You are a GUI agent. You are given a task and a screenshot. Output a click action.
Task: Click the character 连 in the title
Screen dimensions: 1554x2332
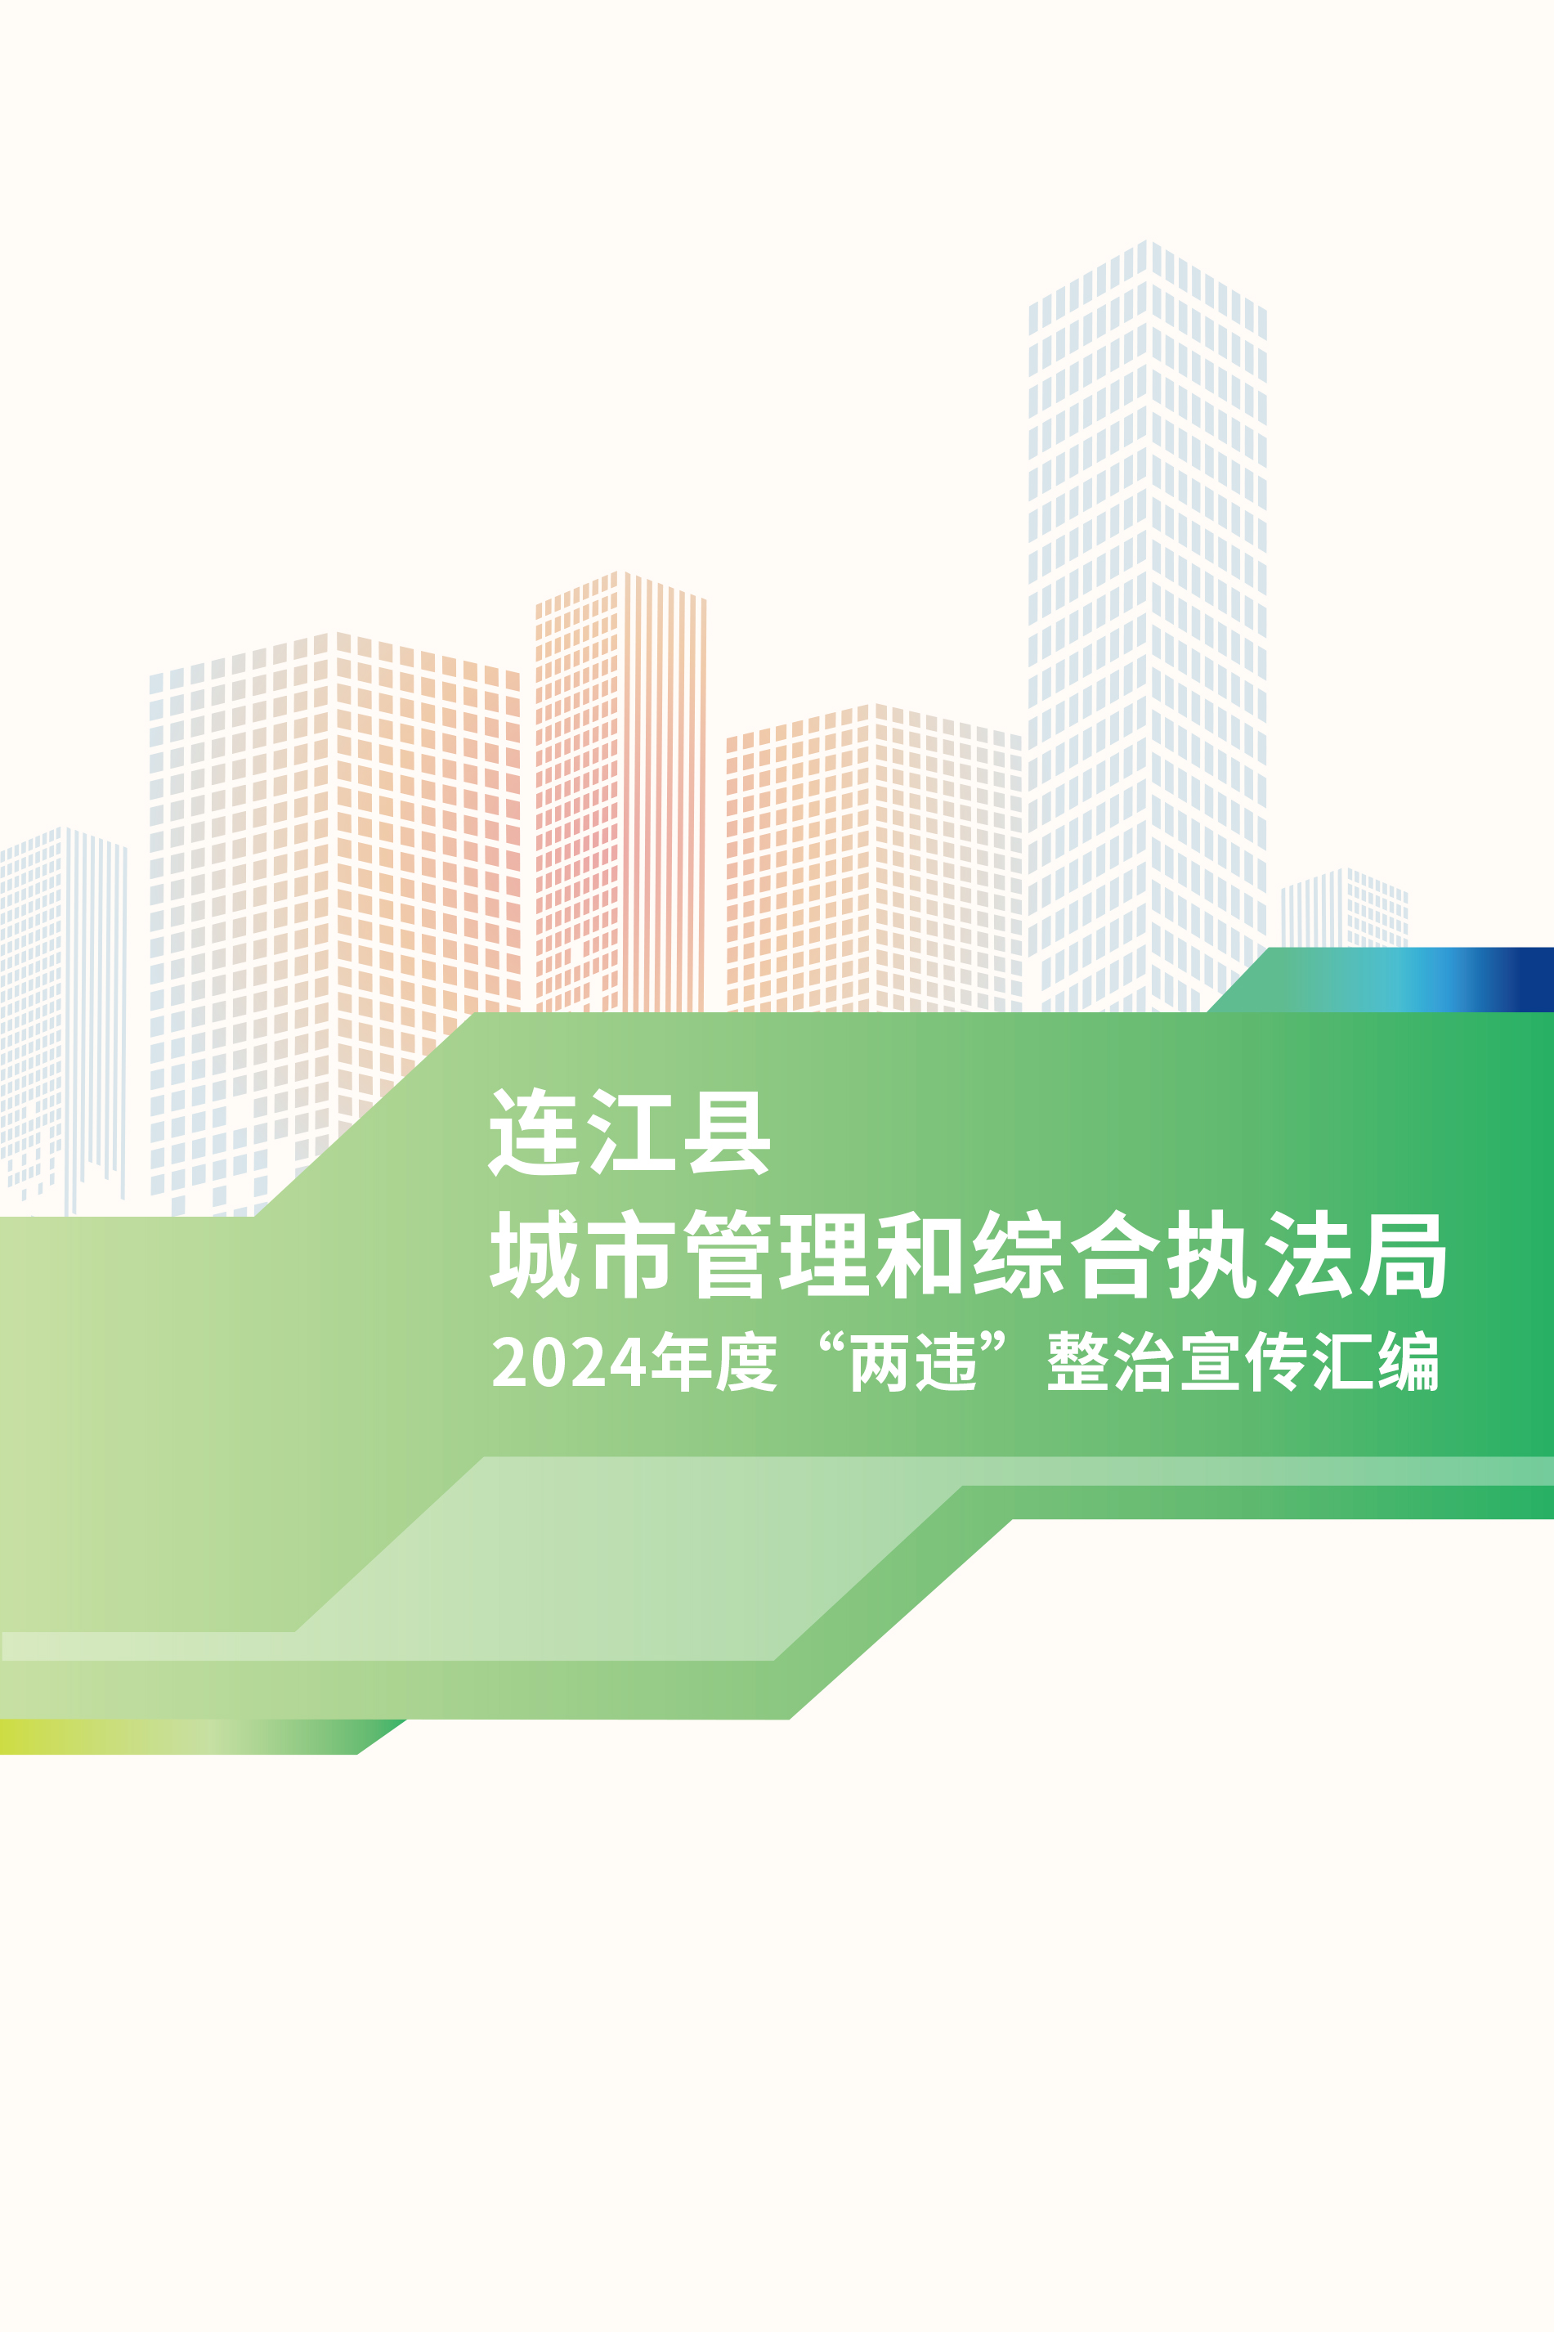[x=532, y=1132]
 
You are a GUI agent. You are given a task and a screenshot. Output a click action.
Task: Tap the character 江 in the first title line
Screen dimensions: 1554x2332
[x=630, y=1132]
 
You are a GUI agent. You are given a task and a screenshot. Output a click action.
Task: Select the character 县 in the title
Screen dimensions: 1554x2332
[x=728, y=1132]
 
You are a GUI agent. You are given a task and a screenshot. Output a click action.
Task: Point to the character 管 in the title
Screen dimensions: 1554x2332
[x=728, y=1253]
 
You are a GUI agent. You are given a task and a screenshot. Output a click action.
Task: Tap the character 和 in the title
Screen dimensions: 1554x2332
[x=920, y=1253]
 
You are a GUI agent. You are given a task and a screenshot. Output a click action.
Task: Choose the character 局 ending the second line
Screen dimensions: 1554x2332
[x=1404, y=1254]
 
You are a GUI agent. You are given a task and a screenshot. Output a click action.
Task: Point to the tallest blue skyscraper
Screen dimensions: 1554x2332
[x=1148, y=625]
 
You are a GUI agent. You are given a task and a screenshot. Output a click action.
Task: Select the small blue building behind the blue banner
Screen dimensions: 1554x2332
[x=1344, y=908]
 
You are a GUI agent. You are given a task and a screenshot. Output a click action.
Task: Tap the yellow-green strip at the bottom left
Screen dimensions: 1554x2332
[x=178, y=1737]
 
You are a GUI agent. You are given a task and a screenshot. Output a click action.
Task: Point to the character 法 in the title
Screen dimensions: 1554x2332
[x=1307, y=1253]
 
